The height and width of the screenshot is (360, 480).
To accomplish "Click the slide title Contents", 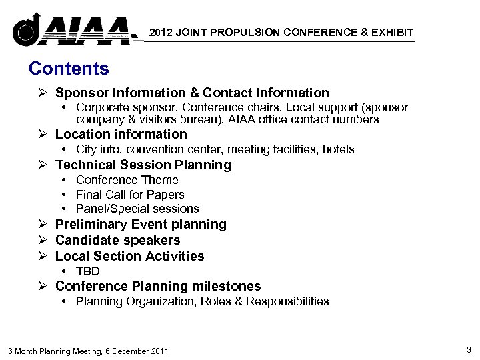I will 69,68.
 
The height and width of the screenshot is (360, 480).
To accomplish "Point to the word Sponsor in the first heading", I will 81,93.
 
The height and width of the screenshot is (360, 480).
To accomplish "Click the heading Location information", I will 121,134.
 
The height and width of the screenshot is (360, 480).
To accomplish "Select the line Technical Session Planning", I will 143,165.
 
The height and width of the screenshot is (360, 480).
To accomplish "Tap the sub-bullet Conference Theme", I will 127,180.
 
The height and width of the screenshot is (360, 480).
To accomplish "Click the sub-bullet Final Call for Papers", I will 130,195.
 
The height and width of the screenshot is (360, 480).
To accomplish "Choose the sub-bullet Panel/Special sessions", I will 137,209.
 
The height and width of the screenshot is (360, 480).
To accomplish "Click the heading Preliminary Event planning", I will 141,225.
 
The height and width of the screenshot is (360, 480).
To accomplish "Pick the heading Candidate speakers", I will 117,240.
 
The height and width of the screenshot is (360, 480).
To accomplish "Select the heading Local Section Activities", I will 129,256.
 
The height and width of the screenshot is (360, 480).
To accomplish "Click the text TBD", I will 88,271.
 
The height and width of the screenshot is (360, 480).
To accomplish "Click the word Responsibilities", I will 289,301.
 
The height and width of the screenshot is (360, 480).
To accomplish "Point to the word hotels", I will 338,149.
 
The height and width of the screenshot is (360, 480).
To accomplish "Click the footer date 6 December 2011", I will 129,351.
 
